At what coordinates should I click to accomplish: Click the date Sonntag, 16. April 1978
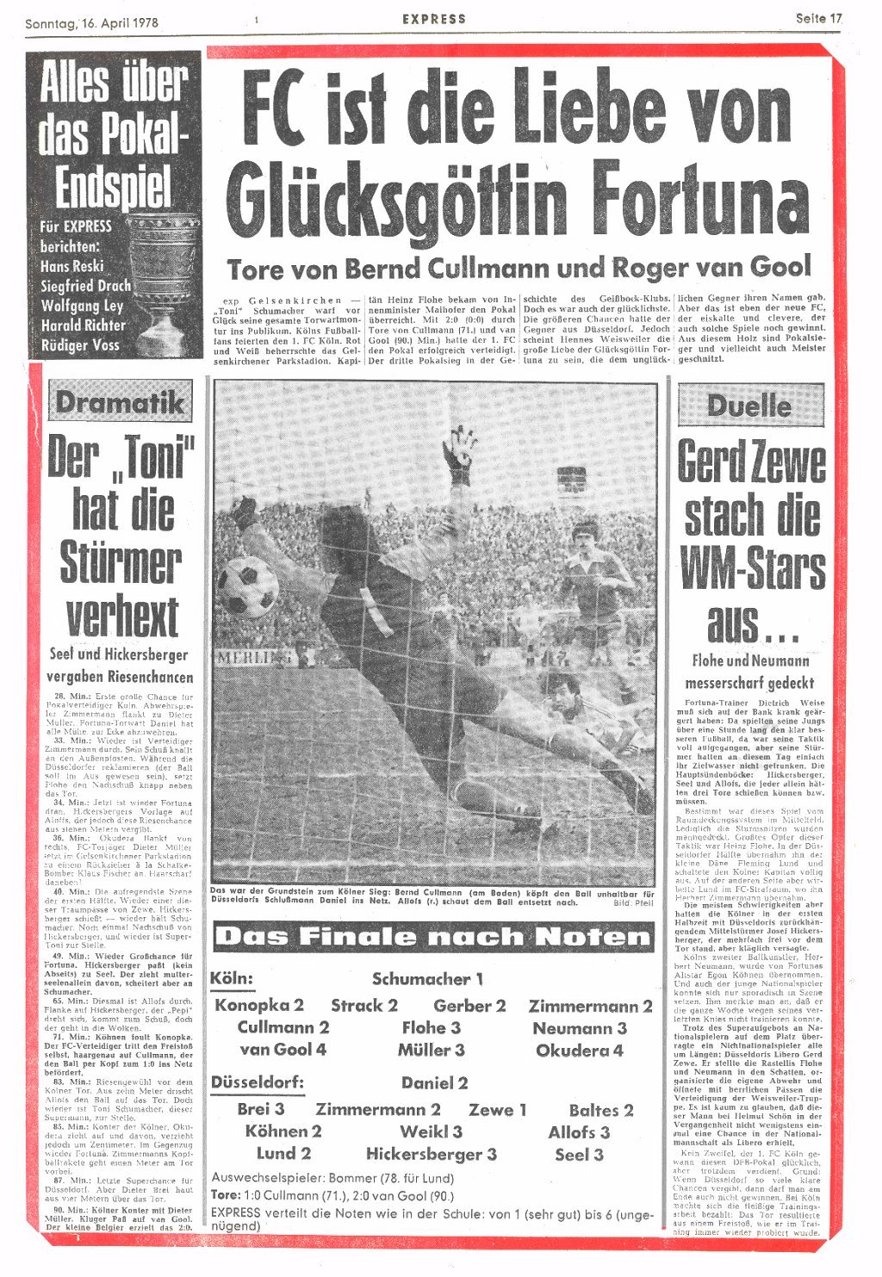[x=91, y=22]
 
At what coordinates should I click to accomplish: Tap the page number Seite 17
[x=818, y=18]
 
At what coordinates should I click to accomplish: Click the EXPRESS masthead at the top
[x=434, y=18]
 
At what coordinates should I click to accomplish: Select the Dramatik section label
[x=120, y=401]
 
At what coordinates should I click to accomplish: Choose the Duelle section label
[x=749, y=405]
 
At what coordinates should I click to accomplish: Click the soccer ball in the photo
[x=247, y=586]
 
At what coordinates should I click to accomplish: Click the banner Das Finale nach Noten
[x=433, y=937]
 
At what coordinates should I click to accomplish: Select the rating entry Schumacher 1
[x=427, y=979]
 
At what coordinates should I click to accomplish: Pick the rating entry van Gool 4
[x=283, y=1050]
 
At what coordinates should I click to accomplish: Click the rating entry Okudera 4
[x=579, y=1051]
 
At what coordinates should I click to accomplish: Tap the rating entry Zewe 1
[x=497, y=1110]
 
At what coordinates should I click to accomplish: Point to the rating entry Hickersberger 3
[x=431, y=1154]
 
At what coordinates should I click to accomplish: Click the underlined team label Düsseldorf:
[x=257, y=1082]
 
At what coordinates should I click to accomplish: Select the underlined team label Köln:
[x=232, y=979]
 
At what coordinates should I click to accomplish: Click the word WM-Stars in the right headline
[x=752, y=568]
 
